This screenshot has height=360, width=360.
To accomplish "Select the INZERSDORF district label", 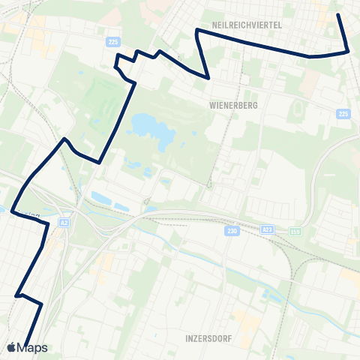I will [x=208, y=339].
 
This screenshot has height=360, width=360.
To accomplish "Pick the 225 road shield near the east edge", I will [x=343, y=114].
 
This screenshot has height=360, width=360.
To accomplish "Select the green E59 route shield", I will [x=296, y=231].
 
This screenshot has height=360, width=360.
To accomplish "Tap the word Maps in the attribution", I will [x=33, y=347].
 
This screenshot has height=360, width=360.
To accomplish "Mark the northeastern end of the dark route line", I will [x=338, y=15].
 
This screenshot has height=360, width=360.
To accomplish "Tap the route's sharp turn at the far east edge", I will [x=349, y=51].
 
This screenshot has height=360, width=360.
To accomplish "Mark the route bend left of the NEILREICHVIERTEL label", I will [x=196, y=30].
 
